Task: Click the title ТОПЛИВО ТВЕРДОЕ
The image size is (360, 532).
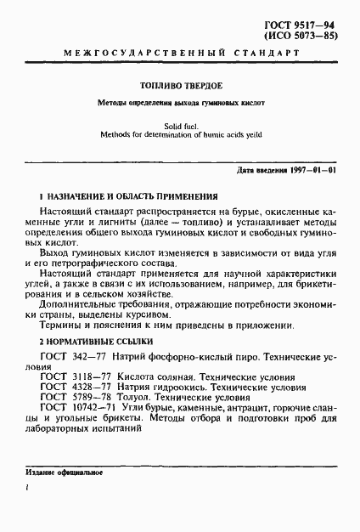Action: click(179, 86)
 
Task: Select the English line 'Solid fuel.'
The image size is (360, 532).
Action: click(179, 124)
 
